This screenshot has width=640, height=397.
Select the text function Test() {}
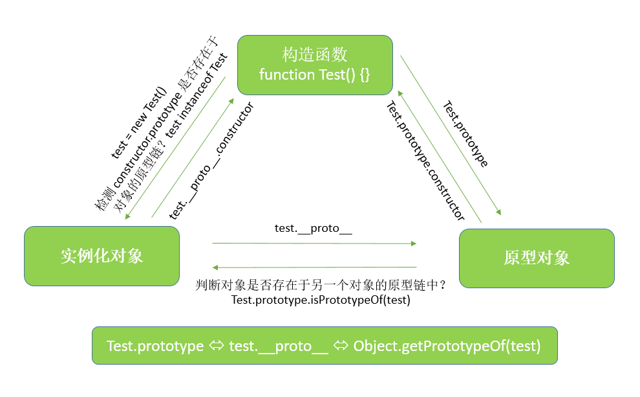(315, 74)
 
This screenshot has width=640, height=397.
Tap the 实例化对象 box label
(101, 255)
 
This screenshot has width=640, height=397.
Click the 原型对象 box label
(537, 257)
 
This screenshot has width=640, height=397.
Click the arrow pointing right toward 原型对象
(314, 244)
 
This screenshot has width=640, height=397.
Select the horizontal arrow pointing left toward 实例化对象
(314, 267)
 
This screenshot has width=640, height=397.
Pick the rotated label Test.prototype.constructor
(425, 161)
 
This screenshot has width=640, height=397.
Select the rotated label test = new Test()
(139, 122)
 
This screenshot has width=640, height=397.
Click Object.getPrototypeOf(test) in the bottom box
(447, 346)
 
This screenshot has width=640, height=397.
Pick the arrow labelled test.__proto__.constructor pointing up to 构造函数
(193, 155)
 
